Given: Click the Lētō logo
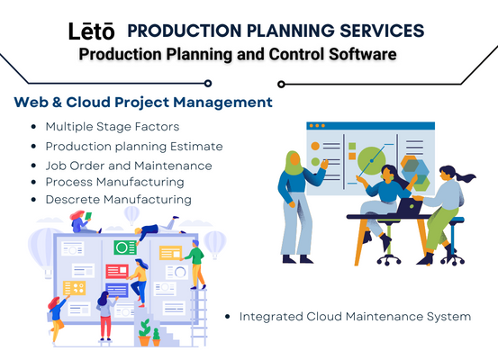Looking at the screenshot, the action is [x=92, y=31].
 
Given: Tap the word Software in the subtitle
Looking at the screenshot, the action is [x=363, y=54].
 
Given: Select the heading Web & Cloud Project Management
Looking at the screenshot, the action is [x=143, y=103].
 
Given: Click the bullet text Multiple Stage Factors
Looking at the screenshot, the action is [x=113, y=127].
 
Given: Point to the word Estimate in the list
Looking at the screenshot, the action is [x=196, y=147].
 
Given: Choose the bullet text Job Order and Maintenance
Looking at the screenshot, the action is [x=129, y=166].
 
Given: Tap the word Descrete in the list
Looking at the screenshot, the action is [x=73, y=200].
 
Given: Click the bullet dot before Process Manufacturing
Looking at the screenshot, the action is [x=33, y=182].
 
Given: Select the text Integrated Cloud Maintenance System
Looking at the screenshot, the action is [x=355, y=317].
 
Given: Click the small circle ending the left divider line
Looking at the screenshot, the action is [x=208, y=84].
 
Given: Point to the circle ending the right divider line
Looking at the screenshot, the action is [x=281, y=84].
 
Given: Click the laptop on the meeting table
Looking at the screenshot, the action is [x=410, y=206].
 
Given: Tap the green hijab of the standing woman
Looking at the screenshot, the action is [x=294, y=163].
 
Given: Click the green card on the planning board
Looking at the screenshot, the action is [x=125, y=247].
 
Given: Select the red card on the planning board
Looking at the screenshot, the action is [x=117, y=271].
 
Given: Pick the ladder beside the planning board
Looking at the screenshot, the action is [x=199, y=317].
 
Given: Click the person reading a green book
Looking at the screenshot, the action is [x=82, y=222].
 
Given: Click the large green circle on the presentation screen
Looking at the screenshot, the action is [x=371, y=160].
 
